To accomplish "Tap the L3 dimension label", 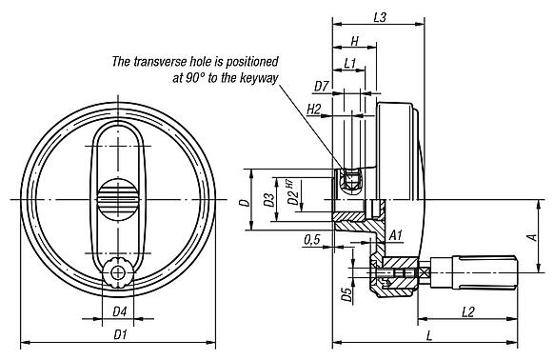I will coord(379,16).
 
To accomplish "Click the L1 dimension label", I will coord(348,63).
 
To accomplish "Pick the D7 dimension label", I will coord(321,87).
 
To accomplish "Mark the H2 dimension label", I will coord(314,110).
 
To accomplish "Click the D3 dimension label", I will coord(269,200).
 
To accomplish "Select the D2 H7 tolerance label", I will coord(292,195).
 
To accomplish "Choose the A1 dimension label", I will coord(396,233).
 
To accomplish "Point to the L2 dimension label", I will coord(468,312).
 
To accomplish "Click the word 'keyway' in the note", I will coord(258,77).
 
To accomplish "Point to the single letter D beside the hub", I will coord(244,201).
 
